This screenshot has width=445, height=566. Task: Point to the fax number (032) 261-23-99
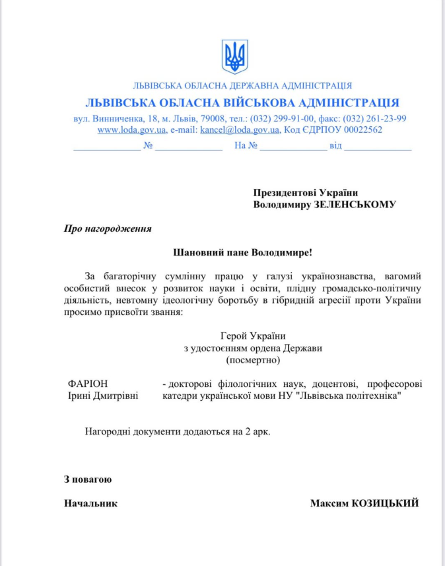click(x=374, y=118)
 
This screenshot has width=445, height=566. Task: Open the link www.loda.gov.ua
click(x=132, y=130)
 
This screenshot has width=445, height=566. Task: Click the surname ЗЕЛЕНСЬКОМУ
click(x=357, y=205)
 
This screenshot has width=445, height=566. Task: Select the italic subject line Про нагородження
click(x=108, y=229)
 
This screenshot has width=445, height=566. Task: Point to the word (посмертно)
click(x=253, y=360)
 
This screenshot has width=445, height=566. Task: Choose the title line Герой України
click(x=253, y=336)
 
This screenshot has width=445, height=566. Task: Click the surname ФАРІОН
click(x=88, y=384)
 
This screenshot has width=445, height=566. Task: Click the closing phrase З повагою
click(x=88, y=479)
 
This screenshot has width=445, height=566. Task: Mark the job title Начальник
click(x=90, y=503)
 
